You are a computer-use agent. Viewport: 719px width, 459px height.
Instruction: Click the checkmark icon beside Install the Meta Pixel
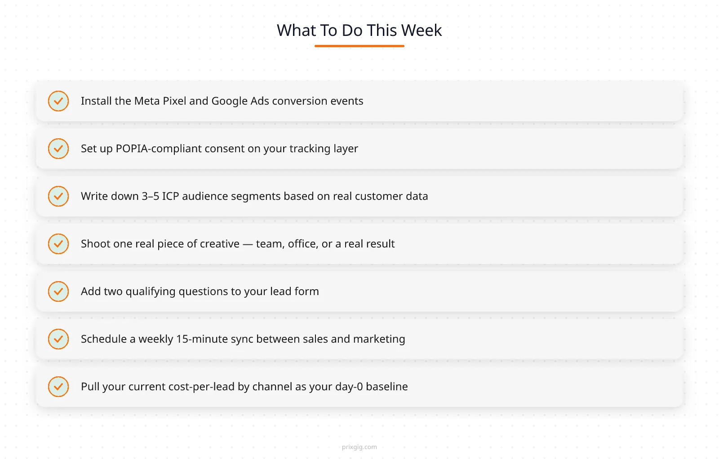tap(58, 101)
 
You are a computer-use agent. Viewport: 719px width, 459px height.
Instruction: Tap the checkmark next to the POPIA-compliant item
tap(58, 149)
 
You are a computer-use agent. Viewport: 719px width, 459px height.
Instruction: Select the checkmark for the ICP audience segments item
tap(58, 196)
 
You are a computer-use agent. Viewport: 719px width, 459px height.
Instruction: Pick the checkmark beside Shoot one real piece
tap(58, 244)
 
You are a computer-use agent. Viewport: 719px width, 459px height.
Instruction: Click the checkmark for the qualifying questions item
tap(58, 291)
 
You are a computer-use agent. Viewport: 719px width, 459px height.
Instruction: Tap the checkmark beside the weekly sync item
tap(58, 339)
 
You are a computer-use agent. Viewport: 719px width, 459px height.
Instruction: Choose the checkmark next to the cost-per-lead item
tap(58, 387)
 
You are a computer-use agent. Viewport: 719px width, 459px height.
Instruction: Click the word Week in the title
tap(421, 31)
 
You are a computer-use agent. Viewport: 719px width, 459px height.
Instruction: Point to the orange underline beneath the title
tap(359, 46)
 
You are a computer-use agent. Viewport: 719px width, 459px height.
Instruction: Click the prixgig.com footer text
tap(359, 447)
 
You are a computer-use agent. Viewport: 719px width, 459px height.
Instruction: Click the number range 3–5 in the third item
tap(151, 196)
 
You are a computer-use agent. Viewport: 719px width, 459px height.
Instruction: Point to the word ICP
tap(170, 196)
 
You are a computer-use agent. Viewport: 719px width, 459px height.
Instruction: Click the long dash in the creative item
tap(248, 244)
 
